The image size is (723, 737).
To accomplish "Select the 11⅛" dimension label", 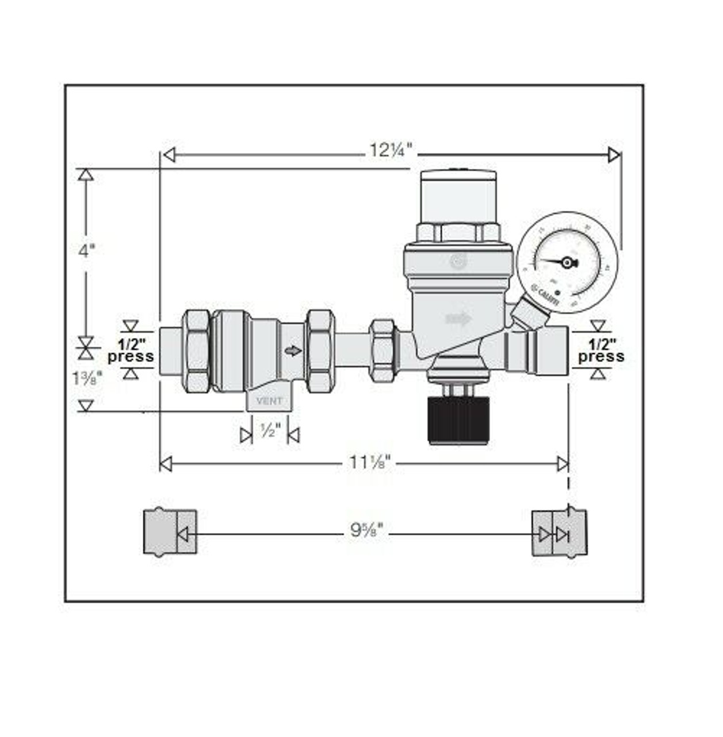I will (x=370, y=462).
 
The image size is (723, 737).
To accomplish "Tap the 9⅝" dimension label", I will (x=366, y=531).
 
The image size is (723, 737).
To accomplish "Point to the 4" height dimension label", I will (x=86, y=251).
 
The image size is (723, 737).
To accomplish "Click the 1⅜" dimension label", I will (x=87, y=378).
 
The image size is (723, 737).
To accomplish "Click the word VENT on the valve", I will (x=269, y=401).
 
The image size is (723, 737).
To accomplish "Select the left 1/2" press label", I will (x=131, y=351).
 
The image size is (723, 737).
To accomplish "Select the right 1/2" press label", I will (x=601, y=351).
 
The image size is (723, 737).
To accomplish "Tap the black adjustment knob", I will (x=458, y=420).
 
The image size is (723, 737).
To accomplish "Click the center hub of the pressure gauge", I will (x=567, y=263).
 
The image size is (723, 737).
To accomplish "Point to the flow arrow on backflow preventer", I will (x=293, y=351).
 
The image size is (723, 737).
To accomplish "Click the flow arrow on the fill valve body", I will (x=458, y=318).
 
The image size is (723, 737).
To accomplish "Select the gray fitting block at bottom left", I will (x=170, y=531).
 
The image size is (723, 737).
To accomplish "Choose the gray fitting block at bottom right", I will (x=559, y=532).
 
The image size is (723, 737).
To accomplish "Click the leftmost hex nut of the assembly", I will (x=197, y=351).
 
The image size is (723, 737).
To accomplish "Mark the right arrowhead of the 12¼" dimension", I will (x=614, y=155).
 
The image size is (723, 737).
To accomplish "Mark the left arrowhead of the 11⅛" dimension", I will (x=166, y=464).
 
